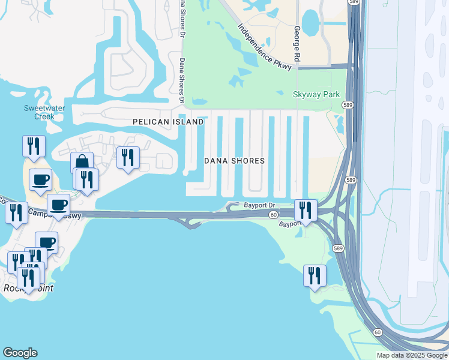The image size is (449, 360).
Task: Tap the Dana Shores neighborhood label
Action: tap(234, 161)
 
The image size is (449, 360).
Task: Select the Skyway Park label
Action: tap(316, 94)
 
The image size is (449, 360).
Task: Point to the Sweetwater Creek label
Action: tap(39, 112)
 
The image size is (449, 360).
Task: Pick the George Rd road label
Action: tap(297, 43)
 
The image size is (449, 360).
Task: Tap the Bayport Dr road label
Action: tap(259, 205)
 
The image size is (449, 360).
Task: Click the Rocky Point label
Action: tap(28, 288)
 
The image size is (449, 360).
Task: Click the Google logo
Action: tap(20, 353)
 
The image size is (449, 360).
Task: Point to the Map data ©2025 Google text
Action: tap(411, 355)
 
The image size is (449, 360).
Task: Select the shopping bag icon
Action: tap(82, 162)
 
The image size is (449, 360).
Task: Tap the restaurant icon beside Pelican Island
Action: tap(128, 157)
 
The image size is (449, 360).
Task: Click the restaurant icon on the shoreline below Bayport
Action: tap(315, 275)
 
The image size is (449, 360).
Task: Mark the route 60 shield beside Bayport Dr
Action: tap(273, 215)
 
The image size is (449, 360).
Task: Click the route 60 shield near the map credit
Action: tap(377, 332)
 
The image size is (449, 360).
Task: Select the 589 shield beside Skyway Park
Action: tap(347, 105)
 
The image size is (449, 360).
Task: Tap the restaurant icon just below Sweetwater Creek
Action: tap(34, 146)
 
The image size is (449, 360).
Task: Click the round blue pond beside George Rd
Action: tap(311, 22)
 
